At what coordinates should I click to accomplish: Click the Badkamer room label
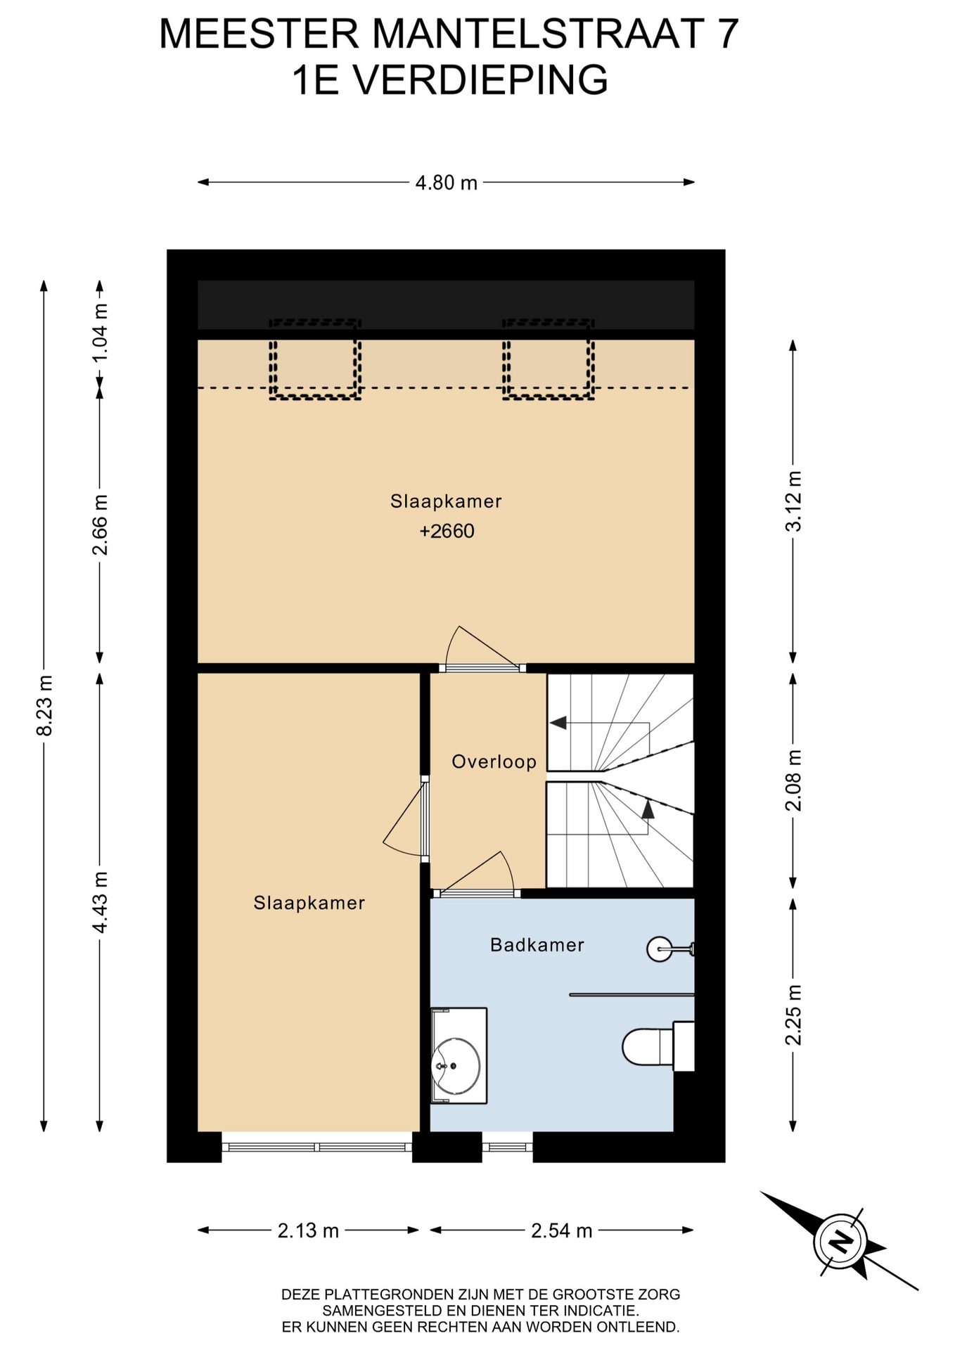point(537,945)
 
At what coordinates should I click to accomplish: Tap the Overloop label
point(494,761)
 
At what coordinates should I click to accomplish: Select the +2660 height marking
point(447,531)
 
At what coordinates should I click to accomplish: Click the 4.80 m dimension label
point(446,183)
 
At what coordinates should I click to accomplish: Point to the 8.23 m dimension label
point(44,705)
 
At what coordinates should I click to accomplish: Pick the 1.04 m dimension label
point(100,332)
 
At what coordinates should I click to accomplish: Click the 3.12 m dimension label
point(793,501)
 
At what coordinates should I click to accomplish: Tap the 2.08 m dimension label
point(793,780)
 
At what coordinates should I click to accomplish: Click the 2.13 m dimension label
point(308,1230)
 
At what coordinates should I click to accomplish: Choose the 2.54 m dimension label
point(561,1230)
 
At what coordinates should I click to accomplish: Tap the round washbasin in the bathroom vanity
point(456,1066)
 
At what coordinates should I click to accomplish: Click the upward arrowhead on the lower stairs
point(648,809)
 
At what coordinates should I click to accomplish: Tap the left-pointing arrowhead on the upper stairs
point(558,723)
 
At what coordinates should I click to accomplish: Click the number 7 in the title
point(727,34)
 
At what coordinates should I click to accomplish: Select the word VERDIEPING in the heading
point(480,80)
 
